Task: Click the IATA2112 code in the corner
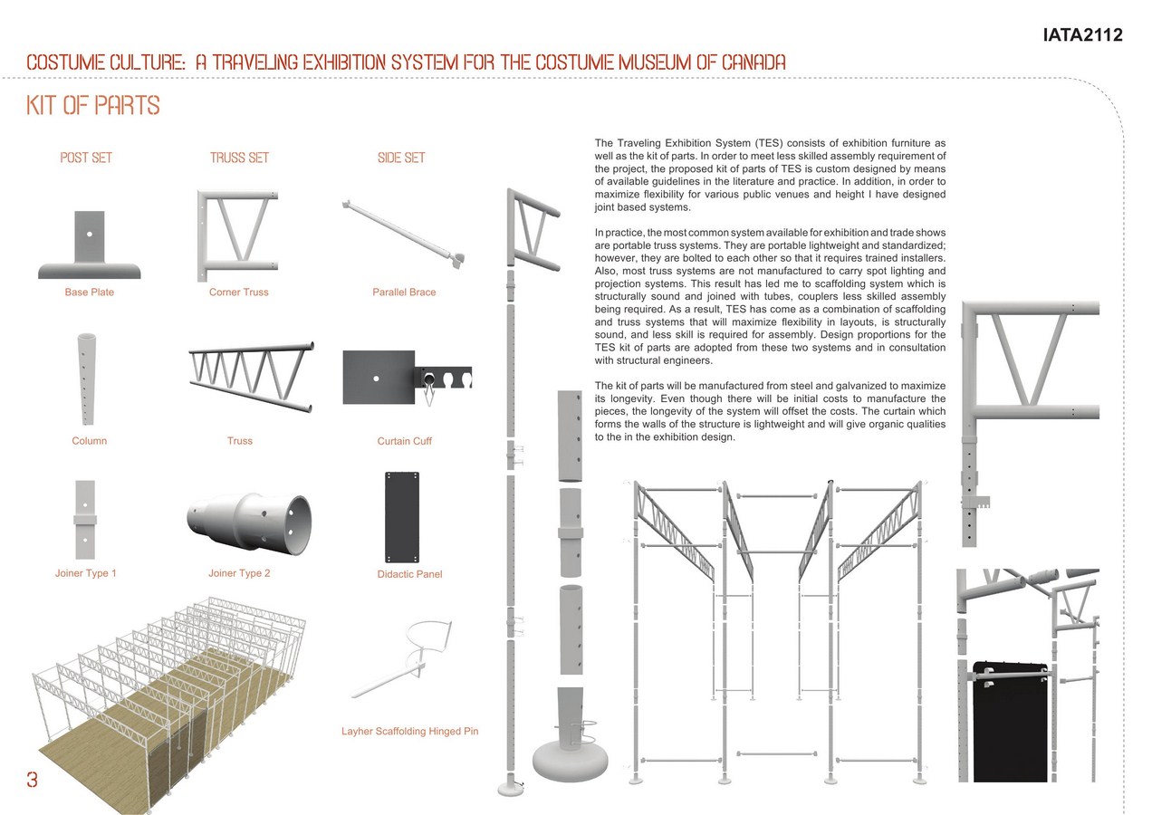point(1082,35)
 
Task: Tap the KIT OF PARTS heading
point(93,105)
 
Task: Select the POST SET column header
point(86,158)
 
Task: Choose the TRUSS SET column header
point(239,158)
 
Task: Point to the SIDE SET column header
point(401,158)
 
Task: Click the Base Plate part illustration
point(90,244)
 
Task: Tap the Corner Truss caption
point(238,292)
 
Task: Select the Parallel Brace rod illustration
point(403,234)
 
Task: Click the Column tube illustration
point(86,379)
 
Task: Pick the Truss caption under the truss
point(240,441)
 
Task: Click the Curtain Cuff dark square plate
point(379,378)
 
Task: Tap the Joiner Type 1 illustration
point(85,520)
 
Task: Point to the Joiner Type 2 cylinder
point(249,523)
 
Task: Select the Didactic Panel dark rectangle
point(402,517)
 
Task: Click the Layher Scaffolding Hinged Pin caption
point(410,731)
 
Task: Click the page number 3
point(32,780)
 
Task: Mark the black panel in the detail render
point(1010,723)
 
